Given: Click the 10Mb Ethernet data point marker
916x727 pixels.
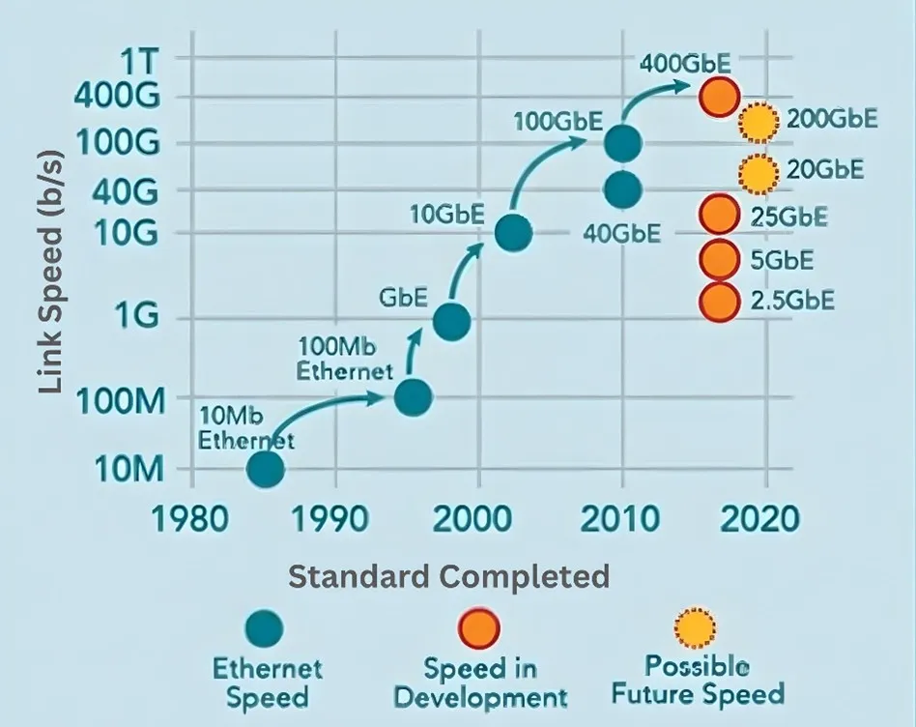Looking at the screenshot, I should (x=265, y=470).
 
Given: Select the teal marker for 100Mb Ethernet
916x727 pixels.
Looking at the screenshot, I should (x=413, y=396).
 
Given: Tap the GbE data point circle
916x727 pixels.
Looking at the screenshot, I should (x=451, y=322).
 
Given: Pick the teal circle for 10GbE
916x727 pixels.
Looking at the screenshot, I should (x=512, y=232).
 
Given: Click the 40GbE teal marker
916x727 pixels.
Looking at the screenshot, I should (x=622, y=189).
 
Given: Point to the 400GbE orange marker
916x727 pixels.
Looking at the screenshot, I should (x=719, y=96).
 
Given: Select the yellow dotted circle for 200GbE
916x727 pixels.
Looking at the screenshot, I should (x=759, y=122).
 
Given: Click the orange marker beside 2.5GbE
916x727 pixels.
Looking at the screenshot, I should (x=718, y=302).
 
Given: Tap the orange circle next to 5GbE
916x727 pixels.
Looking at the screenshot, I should (x=718, y=259).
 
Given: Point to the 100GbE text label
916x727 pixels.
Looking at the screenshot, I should (x=558, y=122).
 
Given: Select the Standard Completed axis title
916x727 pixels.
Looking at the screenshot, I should (x=449, y=577).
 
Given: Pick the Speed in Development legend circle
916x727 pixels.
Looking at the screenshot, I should (x=479, y=629).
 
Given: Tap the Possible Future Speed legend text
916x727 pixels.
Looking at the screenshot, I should (x=714, y=680).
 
